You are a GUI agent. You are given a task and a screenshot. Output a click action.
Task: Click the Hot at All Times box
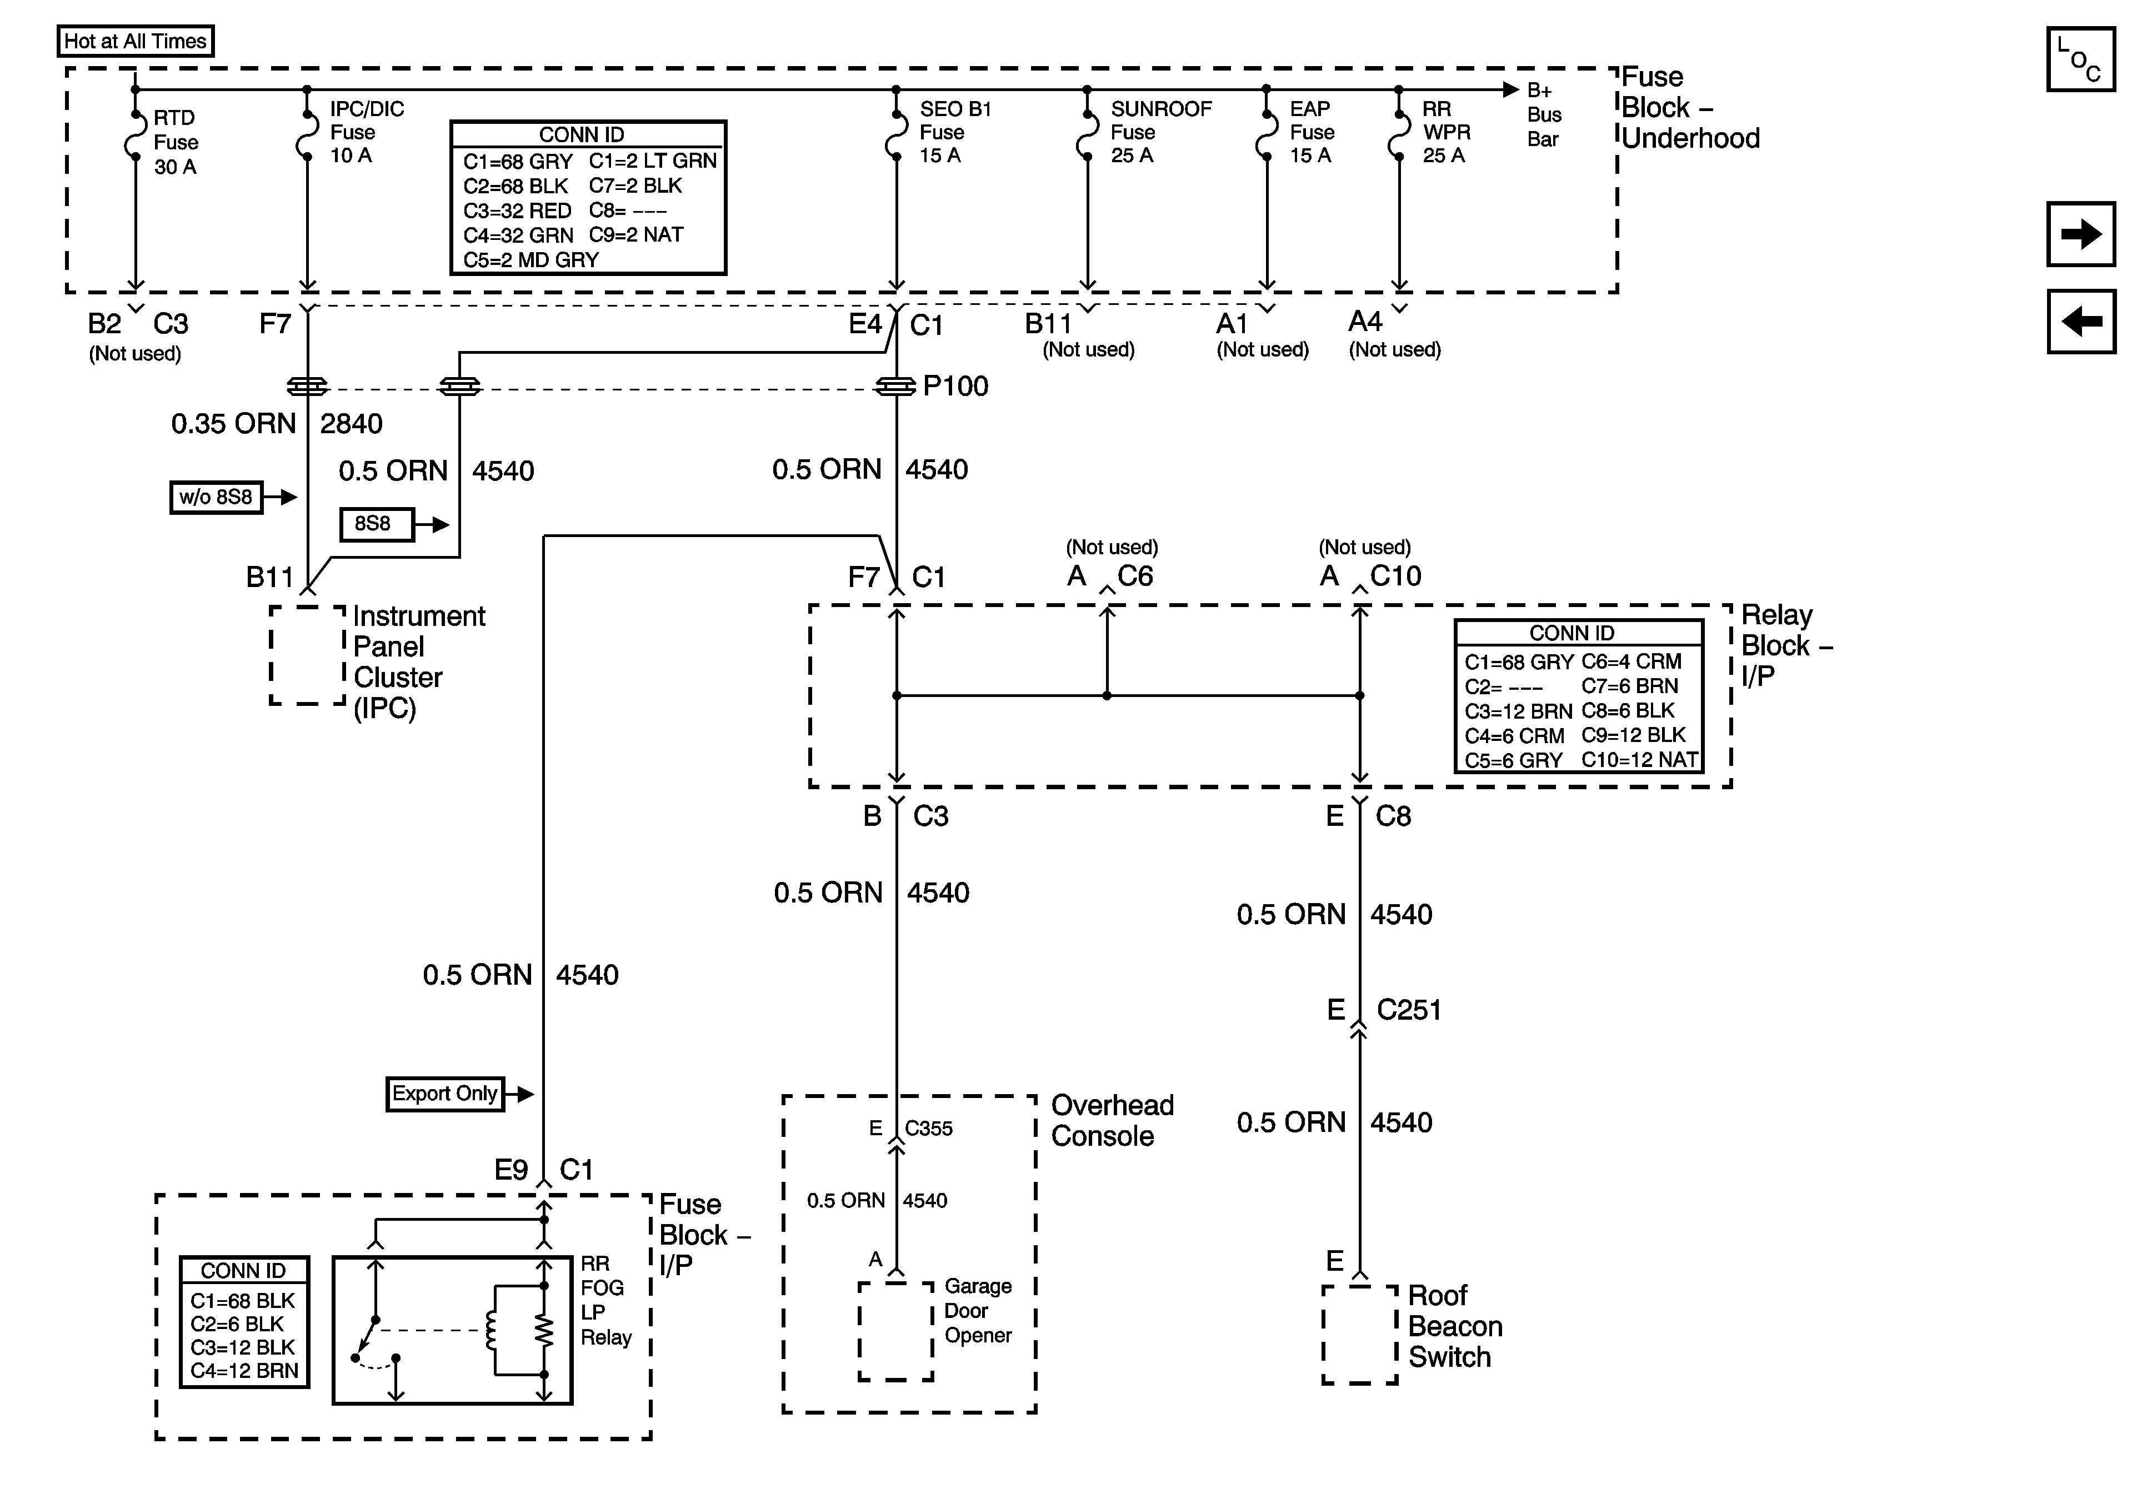(135, 41)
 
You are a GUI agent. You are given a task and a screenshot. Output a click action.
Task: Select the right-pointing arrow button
(2080, 233)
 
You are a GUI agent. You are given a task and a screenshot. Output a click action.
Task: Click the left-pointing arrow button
(2080, 322)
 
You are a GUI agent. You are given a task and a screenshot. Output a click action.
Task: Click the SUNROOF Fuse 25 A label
(1160, 132)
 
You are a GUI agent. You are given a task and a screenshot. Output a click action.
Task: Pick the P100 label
(955, 386)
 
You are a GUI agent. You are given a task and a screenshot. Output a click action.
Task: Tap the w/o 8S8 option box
(216, 497)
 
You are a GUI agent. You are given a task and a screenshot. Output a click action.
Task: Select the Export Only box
(444, 1094)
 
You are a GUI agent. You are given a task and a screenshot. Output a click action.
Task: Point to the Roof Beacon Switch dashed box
(1359, 1333)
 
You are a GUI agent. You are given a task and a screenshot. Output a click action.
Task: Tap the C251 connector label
(1408, 1010)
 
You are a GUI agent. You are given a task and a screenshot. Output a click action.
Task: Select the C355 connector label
(928, 1129)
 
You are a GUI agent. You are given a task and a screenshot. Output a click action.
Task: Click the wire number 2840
(351, 424)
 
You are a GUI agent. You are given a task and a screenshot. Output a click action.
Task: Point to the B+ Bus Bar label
(1544, 114)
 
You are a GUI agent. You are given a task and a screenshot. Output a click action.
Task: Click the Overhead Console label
(1112, 1120)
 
